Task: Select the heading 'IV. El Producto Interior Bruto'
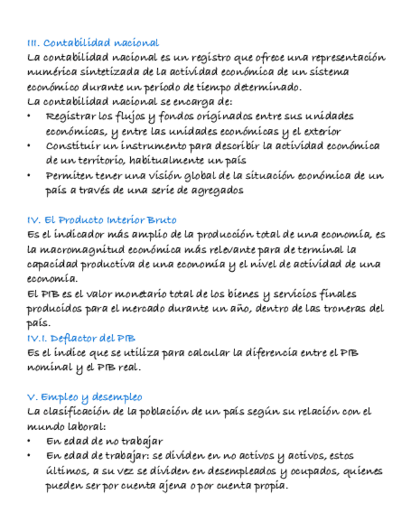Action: tap(101, 220)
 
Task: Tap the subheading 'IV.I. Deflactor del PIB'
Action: tap(81, 338)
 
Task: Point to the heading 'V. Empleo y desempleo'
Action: tap(85, 397)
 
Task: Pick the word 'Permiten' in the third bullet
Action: tap(68, 175)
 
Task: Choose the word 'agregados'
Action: tap(214, 190)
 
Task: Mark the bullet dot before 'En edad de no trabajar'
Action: tap(29, 441)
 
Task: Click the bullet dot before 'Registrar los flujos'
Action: tap(29, 116)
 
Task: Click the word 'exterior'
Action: tap(320, 131)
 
